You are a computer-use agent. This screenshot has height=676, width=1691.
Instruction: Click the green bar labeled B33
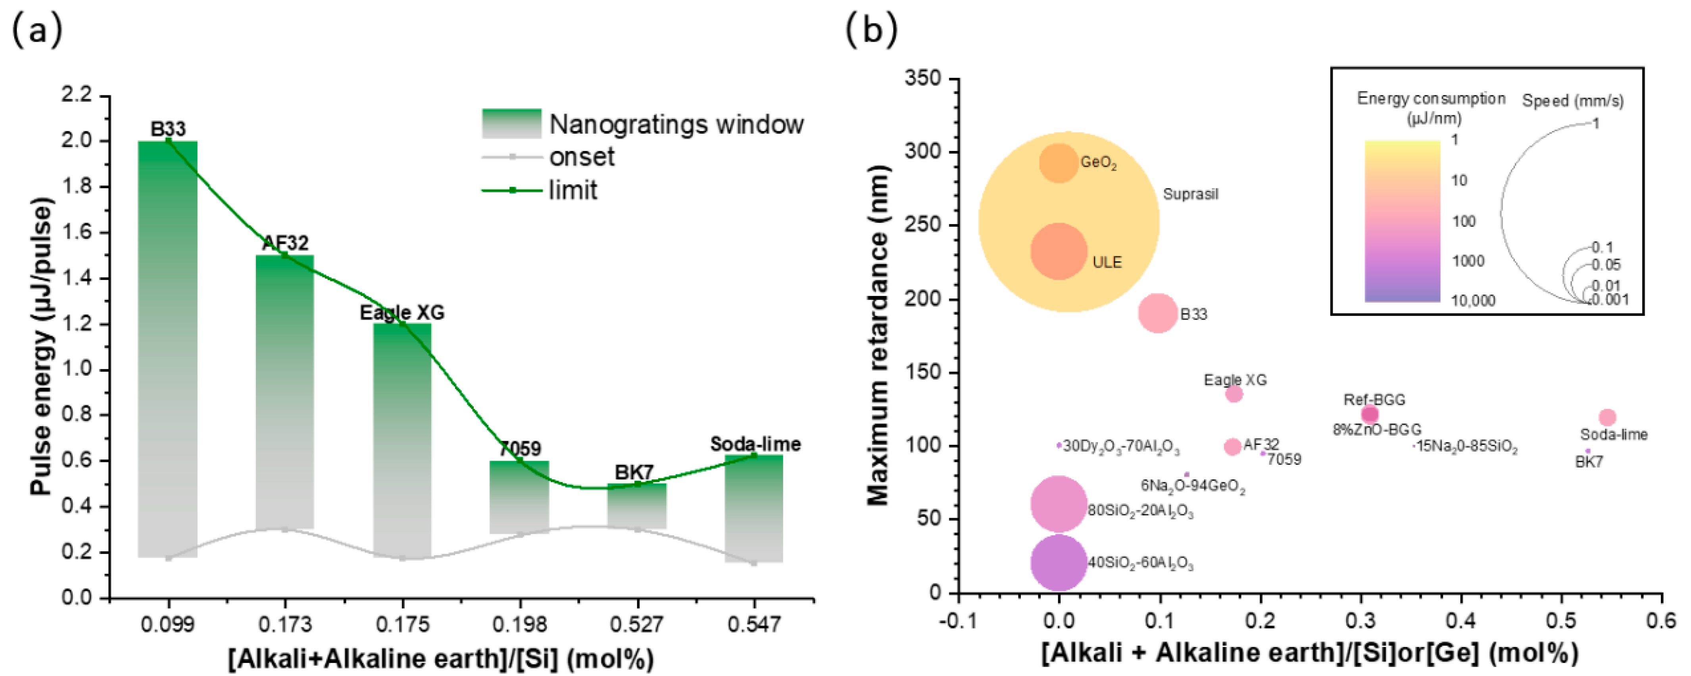coord(168,348)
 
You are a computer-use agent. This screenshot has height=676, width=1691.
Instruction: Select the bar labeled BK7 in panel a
coord(637,506)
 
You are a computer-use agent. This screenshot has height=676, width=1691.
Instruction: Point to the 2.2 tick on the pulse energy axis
coord(77,96)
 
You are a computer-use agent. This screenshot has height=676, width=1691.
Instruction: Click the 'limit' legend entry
coord(573,191)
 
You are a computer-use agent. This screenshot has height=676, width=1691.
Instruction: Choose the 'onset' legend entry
coord(582,157)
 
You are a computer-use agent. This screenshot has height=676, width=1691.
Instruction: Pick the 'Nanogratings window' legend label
coord(676,124)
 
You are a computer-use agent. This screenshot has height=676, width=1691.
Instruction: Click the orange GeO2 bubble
coord(1058,163)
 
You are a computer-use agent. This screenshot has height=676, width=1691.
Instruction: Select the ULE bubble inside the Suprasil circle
coord(1058,251)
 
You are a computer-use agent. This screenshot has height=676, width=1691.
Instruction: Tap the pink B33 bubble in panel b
coord(1158,313)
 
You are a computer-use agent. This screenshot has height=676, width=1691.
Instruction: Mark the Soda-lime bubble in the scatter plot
coord(1607,417)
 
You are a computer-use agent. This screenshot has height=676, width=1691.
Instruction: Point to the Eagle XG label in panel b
coord(1235,380)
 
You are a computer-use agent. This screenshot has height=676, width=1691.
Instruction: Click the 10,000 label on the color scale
coord(1472,301)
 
